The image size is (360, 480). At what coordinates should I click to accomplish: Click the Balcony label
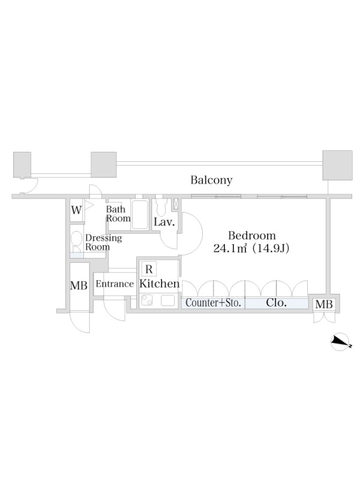(211, 180)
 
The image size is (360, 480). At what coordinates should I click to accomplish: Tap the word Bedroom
(252, 235)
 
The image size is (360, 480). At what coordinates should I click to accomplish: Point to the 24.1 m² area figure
(230, 248)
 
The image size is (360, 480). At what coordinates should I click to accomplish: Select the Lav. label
(164, 222)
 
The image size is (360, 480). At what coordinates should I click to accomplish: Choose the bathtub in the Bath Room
(140, 214)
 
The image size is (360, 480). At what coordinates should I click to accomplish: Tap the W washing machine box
(77, 211)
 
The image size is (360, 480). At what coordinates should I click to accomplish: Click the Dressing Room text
(103, 242)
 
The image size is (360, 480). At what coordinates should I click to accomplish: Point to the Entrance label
(115, 284)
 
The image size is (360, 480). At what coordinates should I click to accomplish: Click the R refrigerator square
(149, 269)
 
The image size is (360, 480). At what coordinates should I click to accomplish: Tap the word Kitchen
(159, 284)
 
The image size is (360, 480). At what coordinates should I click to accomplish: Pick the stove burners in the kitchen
(147, 300)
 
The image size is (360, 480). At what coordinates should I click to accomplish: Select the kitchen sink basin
(168, 301)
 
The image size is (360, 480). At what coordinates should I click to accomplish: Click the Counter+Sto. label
(214, 303)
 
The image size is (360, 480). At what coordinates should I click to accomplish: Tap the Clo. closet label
(277, 303)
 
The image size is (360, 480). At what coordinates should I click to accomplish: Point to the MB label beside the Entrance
(79, 286)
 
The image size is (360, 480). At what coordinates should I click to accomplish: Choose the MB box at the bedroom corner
(324, 304)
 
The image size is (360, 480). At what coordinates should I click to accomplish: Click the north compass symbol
(340, 341)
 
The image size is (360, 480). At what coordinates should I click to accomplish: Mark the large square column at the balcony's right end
(337, 165)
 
